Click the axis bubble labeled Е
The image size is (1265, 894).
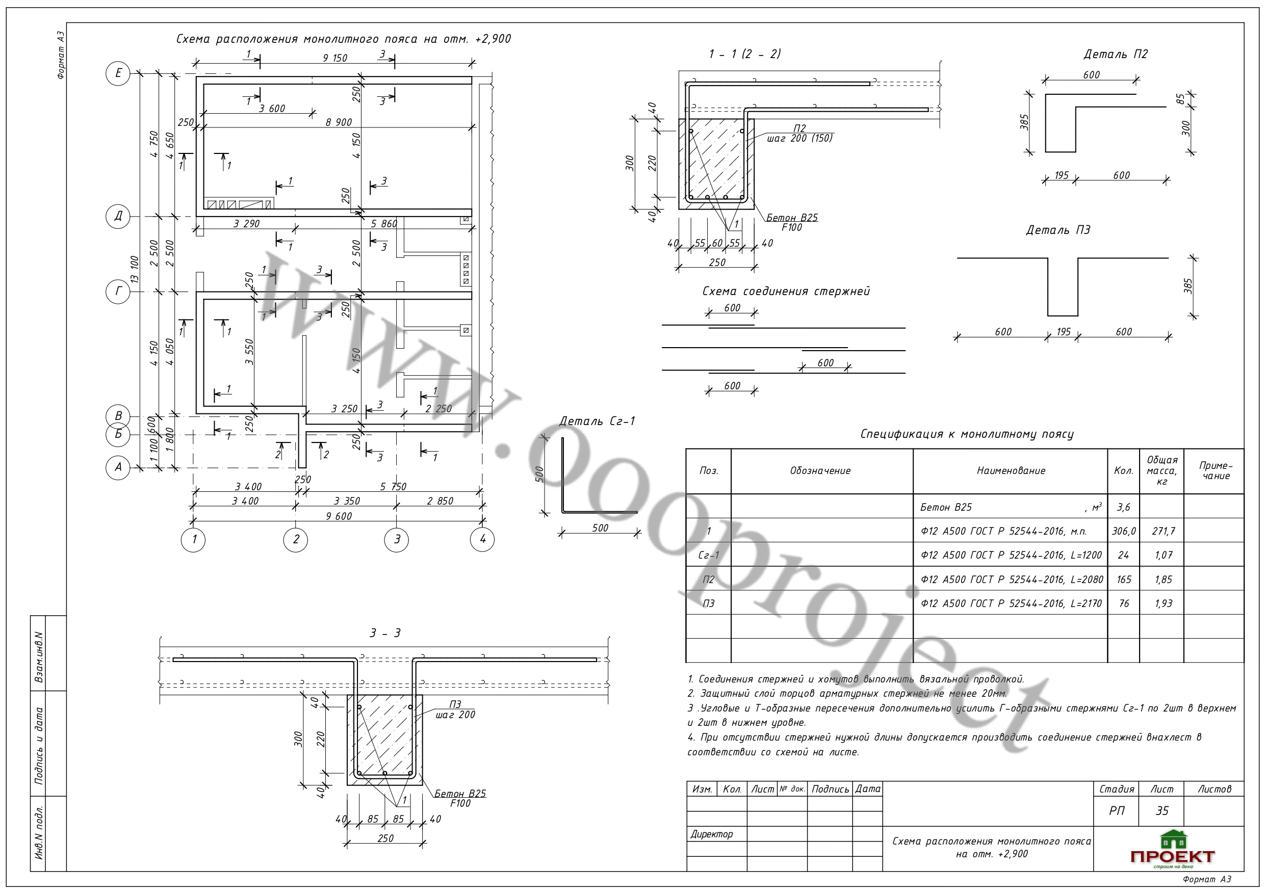(x=118, y=73)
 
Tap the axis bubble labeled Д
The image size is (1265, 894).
(x=118, y=216)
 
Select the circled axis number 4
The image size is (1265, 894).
(x=483, y=539)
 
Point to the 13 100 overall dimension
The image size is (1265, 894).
(x=135, y=269)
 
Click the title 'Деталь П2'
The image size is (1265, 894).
(x=1115, y=54)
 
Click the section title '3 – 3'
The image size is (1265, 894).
(x=385, y=634)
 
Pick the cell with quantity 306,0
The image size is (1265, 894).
(x=1123, y=531)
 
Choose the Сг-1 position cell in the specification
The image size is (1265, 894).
(x=709, y=555)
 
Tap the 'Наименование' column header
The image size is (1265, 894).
(x=1011, y=471)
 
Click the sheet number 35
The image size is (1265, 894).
(x=1162, y=811)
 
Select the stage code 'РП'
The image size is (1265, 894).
(x=1117, y=811)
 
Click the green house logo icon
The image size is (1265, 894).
(x=1173, y=840)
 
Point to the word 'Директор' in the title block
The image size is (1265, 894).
(x=712, y=834)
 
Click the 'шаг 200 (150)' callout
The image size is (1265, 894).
(x=800, y=138)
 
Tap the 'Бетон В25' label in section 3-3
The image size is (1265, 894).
(x=460, y=794)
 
